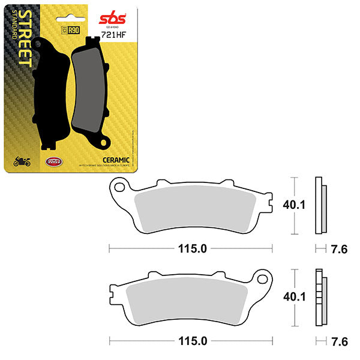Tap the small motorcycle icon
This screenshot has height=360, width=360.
22,161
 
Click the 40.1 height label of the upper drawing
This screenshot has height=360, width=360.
294,205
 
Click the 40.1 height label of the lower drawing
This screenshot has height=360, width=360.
294,297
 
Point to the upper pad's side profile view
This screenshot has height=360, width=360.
322,206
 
